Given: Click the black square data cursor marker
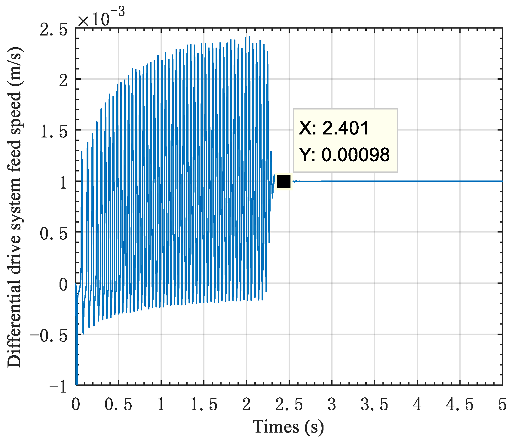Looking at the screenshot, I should [x=284, y=181].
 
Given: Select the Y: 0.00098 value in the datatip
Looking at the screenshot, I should [x=345, y=155].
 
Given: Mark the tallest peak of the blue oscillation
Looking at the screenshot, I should [x=249, y=37].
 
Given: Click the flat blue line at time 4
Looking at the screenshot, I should [x=417, y=181].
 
